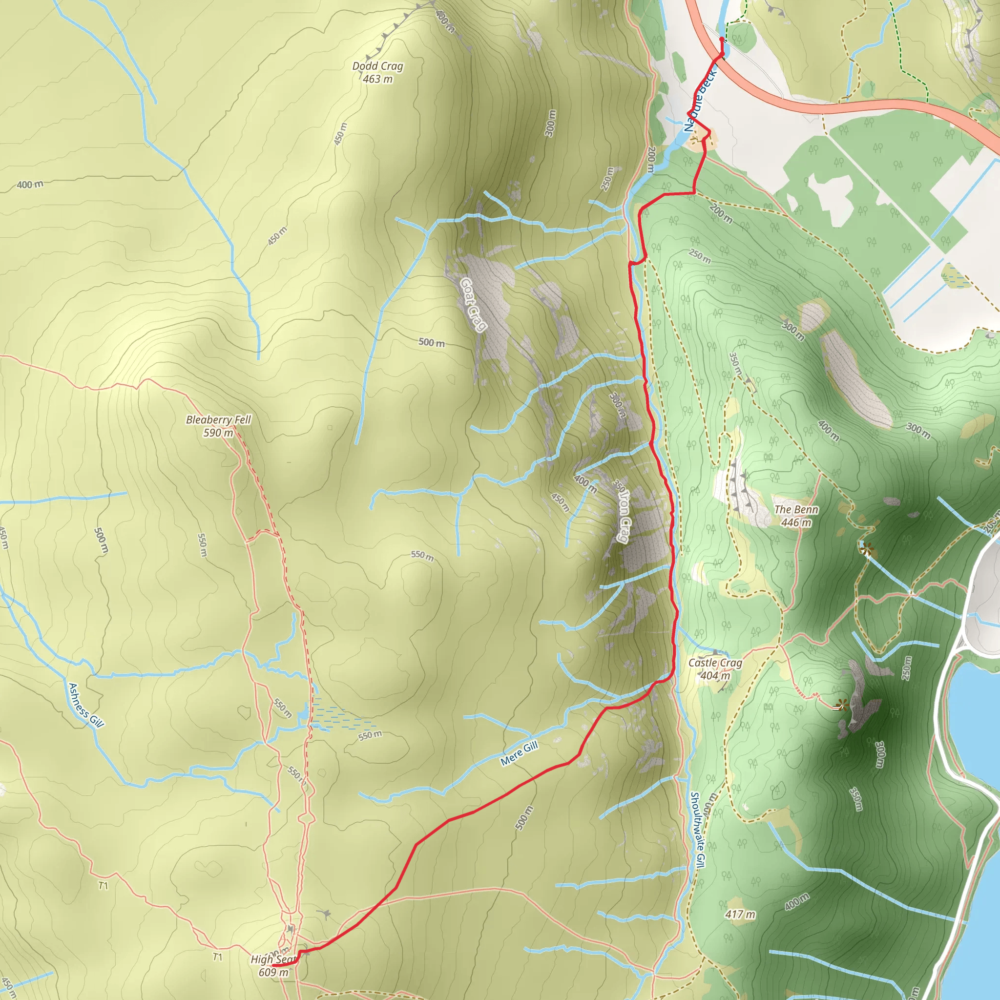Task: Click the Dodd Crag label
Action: pyautogui.click(x=377, y=66)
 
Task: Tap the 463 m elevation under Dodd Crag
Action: pyautogui.click(x=377, y=79)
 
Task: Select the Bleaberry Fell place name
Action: pyautogui.click(x=218, y=420)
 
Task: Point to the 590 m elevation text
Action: pyautogui.click(x=218, y=433)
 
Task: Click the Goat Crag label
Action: pyautogui.click(x=474, y=305)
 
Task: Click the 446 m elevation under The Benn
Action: pyautogui.click(x=796, y=523)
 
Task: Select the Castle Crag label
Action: pyautogui.click(x=715, y=663)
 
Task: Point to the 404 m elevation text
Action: pyautogui.click(x=715, y=676)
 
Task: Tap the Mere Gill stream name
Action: pyautogui.click(x=519, y=753)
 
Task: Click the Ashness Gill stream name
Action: pyautogui.click(x=86, y=706)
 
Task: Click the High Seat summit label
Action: pyautogui.click(x=273, y=959)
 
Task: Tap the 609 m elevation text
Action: pyautogui.click(x=273, y=972)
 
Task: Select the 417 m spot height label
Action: pyautogui.click(x=740, y=915)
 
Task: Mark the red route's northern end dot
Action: pyautogui.click(x=722, y=40)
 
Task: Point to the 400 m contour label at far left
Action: pyautogui.click(x=30, y=185)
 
